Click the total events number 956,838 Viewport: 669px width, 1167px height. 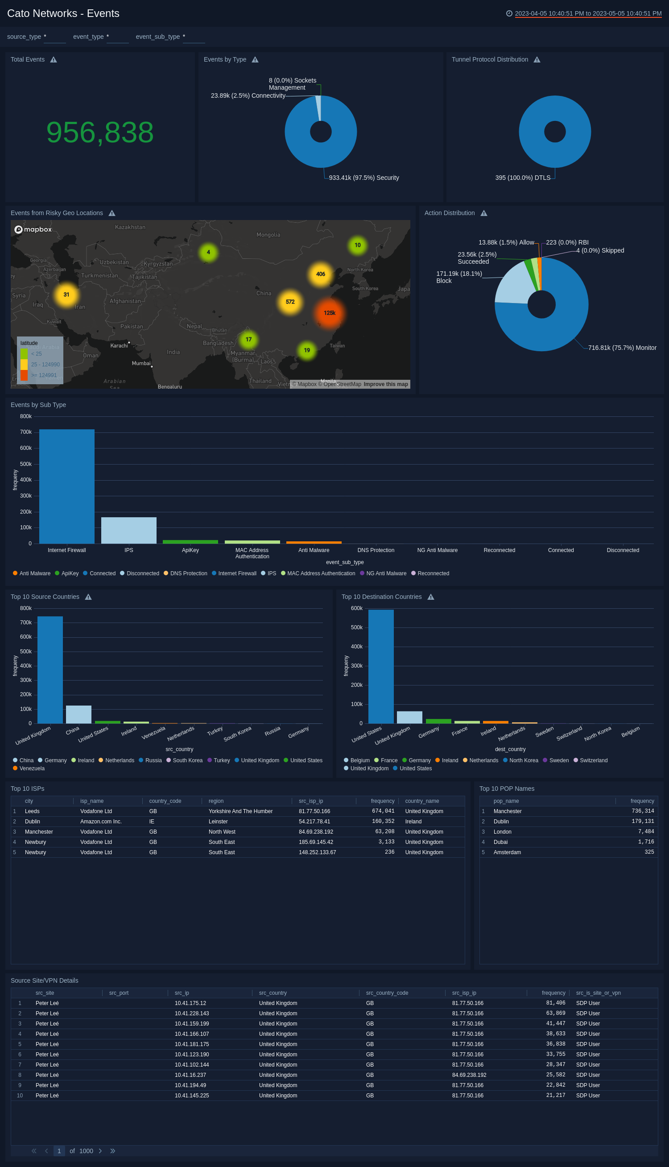click(100, 133)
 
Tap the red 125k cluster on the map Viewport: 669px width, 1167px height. click(330, 313)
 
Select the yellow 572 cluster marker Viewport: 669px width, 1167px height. click(290, 302)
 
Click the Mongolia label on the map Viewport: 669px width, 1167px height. click(268, 235)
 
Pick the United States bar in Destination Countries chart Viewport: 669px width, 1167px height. click(381, 666)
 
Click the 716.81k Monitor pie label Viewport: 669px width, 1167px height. click(622, 348)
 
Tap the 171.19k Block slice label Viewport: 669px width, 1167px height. click(458, 277)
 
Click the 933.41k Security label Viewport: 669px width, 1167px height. click(363, 178)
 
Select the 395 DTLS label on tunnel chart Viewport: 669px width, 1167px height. click(522, 178)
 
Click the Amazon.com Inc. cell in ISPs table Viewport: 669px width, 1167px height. click(101, 821)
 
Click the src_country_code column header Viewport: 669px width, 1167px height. click(387, 993)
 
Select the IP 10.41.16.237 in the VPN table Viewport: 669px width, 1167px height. click(190, 1075)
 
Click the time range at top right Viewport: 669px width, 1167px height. click(588, 13)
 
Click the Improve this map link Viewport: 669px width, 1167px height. click(385, 384)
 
